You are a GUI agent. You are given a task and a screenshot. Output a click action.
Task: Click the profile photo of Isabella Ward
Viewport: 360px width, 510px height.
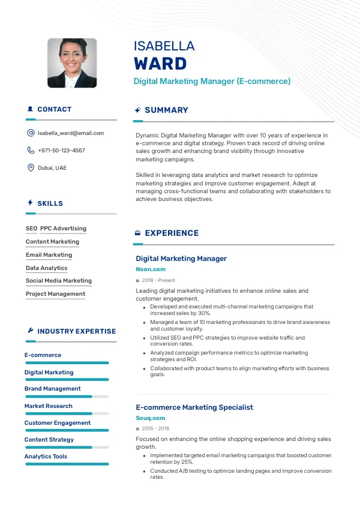pyautogui.click(x=72, y=63)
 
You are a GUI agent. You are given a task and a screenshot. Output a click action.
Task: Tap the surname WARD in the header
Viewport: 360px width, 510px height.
pyautogui.click(x=160, y=64)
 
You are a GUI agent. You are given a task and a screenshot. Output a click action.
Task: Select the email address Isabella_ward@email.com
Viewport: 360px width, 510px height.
pyautogui.click(x=71, y=133)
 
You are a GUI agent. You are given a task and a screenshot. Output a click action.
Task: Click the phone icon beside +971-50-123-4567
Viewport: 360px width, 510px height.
pyautogui.click(x=31, y=151)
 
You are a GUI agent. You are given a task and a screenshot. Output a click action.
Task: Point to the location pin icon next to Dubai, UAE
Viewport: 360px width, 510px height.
pyautogui.click(x=31, y=168)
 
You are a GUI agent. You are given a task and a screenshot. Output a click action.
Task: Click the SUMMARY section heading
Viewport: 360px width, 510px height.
pyautogui.click(x=166, y=110)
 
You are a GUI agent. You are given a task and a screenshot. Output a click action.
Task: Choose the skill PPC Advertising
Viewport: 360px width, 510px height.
pyautogui.click(x=63, y=229)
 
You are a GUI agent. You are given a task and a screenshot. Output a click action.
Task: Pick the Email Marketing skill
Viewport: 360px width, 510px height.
pyautogui.click(x=49, y=255)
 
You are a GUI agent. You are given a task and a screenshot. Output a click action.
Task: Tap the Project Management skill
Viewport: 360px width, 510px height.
pyautogui.click(x=55, y=294)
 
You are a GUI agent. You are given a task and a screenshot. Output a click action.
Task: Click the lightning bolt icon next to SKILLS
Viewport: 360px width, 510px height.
pyautogui.click(x=30, y=203)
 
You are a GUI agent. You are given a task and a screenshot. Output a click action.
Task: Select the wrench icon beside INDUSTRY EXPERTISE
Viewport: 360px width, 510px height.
pyautogui.click(x=30, y=331)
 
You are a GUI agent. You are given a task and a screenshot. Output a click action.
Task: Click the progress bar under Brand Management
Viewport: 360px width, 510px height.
pyautogui.click(x=66, y=397)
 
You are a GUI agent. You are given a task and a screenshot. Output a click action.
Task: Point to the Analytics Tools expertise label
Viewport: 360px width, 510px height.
pyautogui.click(x=46, y=457)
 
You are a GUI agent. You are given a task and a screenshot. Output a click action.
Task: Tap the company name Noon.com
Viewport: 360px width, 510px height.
pyautogui.click(x=151, y=270)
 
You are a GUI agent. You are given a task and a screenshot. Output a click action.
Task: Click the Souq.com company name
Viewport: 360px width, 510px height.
pyautogui.click(x=151, y=418)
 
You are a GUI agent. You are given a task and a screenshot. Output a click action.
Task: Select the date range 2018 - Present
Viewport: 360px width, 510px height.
pyautogui.click(x=158, y=281)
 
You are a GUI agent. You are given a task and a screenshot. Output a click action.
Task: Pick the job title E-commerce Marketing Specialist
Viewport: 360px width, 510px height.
pyautogui.click(x=194, y=407)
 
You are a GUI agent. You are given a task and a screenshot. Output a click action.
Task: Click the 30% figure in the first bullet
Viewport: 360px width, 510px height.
pyautogui.click(x=204, y=313)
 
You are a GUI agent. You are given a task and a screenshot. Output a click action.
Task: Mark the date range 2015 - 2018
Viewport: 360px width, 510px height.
pyautogui.click(x=155, y=429)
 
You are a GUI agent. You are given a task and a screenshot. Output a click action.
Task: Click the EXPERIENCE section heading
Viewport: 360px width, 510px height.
pyautogui.click(x=172, y=233)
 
